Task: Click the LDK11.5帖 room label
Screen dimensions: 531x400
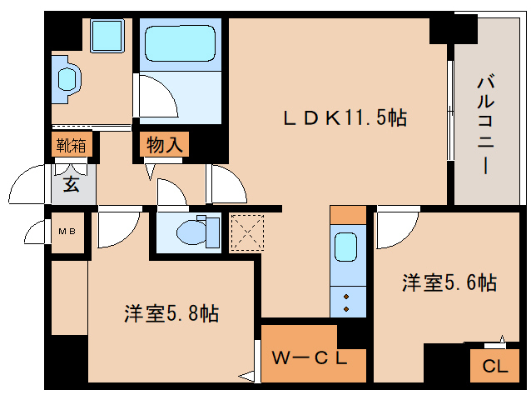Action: pos(345,118)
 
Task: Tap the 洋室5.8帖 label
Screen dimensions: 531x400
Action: pos(171,312)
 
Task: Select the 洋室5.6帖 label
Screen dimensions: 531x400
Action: pos(449,282)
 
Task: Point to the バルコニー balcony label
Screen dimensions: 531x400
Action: pos(485,126)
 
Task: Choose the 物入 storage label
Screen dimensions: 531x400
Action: pos(165,145)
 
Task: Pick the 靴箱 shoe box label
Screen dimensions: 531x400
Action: pos(71,146)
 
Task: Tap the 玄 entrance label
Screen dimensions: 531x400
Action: pos(71,185)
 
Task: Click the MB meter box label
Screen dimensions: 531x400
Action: pos(67,232)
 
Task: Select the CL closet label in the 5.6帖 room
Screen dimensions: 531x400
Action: pos(495,366)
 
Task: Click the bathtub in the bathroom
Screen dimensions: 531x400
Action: pos(180,43)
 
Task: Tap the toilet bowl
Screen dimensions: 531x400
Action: pos(191,232)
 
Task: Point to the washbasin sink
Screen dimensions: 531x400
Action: pos(67,79)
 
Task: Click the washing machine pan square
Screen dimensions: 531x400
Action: pos(107,36)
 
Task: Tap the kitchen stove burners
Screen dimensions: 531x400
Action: pos(346,303)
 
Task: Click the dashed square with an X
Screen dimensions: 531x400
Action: pos(247,232)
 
